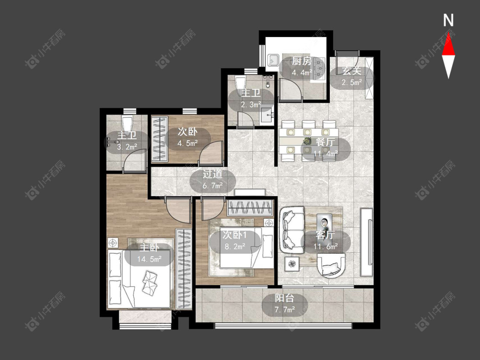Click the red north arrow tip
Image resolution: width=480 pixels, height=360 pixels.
tap(448, 33)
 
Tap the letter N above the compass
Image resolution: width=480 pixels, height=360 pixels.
tap(448, 20)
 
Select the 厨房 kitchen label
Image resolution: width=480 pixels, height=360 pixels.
tap(302, 61)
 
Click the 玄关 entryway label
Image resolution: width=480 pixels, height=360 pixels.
tap(352, 71)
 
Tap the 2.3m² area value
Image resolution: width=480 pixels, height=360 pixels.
tap(251, 105)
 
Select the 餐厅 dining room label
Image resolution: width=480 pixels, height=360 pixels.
tap(325, 142)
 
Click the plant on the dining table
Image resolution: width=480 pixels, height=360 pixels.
tap(306, 141)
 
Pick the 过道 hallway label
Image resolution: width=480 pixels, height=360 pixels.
tap(212, 174)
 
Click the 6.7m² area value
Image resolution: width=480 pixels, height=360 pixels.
tap(212, 186)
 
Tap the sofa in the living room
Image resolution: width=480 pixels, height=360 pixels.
tap(292, 229)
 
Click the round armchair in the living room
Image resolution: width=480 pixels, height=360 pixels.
tap(331, 265)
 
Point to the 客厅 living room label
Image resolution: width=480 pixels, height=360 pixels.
tap(326, 235)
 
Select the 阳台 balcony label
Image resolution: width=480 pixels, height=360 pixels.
tap(285, 298)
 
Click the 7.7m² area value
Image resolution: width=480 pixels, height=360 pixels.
tap(285, 310)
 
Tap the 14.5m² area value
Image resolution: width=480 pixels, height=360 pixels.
tap(149, 259)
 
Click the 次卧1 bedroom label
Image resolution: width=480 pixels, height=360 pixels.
tap(235, 235)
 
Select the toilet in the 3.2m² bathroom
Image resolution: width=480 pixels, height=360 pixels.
tap(127, 123)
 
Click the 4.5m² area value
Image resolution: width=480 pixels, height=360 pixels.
tap(188, 143)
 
